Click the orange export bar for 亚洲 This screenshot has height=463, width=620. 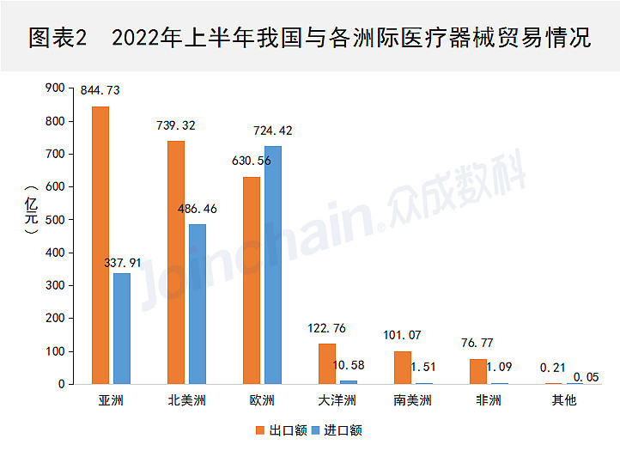(x=100, y=245)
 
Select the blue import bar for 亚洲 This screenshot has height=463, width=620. (x=122, y=328)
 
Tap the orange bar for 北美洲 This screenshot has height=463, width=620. (x=176, y=262)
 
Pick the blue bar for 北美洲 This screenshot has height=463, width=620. (x=198, y=304)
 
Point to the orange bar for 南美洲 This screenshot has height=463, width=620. (x=403, y=367)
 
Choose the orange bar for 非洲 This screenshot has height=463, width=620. (x=478, y=371)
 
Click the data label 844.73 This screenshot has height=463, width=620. (x=100, y=90)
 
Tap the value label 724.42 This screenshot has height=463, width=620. (x=273, y=131)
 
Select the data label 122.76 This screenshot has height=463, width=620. (x=326, y=327)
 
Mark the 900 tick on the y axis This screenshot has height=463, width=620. (x=54, y=88)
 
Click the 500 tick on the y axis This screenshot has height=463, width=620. (x=54, y=220)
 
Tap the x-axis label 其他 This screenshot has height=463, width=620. (x=564, y=401)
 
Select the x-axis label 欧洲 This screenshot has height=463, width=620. (x=262, y=401)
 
